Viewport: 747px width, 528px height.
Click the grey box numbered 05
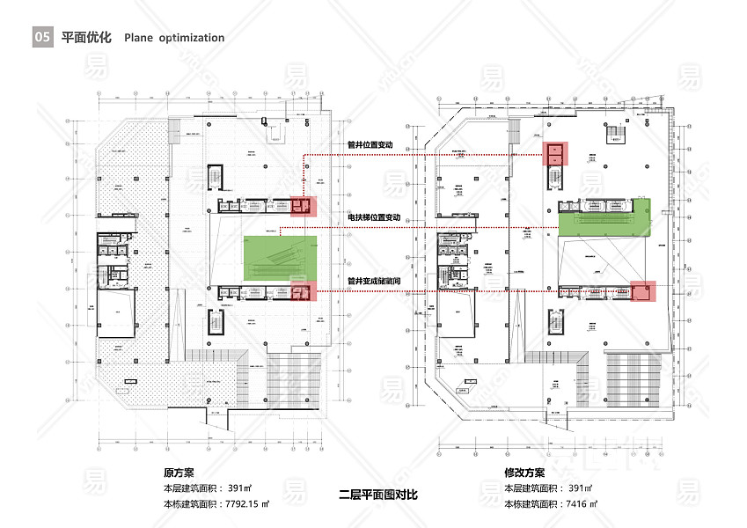[x=42, y=38]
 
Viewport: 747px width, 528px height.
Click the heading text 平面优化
[x=86, y=38]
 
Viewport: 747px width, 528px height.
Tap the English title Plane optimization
[x=174, y=38]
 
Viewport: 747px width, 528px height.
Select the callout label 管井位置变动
[x=370, y=144]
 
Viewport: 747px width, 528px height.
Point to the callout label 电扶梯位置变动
[x=373, y=217]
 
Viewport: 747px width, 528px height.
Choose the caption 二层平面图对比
[x=378, y=495]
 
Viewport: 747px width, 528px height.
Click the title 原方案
[x=179, y=473]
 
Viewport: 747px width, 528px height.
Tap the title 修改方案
[x=524, y=473]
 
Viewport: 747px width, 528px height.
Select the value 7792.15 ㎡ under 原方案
[x=247, y=504]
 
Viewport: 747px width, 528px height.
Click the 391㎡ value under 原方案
[x=240, y=488]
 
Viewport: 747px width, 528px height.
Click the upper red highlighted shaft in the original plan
[x=303, y=207]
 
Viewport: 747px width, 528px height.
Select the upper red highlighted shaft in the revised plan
[x=556, y=154]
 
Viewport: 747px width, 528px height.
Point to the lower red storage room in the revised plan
[x=642, y=290]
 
